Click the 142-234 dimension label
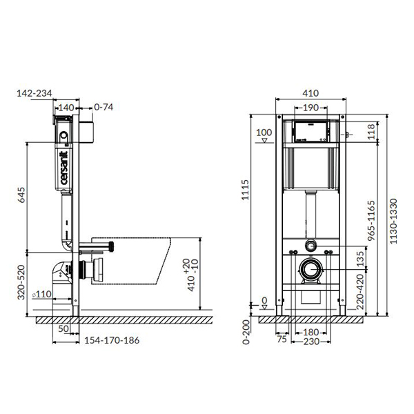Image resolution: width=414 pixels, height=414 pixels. pos(34,93)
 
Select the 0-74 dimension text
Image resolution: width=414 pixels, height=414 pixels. pos(103,107)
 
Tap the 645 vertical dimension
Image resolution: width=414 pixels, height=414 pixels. pos(21,195)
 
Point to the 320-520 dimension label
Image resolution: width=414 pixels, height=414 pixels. pos(21,282)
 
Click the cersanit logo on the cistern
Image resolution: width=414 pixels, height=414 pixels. pos(64,168)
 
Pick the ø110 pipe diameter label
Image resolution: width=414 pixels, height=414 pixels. pos(41,294)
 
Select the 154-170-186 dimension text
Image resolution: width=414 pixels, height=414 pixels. pos(112,340)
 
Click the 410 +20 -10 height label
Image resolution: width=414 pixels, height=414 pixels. pos(192,275)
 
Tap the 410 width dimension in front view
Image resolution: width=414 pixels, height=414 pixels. pos(310,93)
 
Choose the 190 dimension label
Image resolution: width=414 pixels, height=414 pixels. pos(310,108)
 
